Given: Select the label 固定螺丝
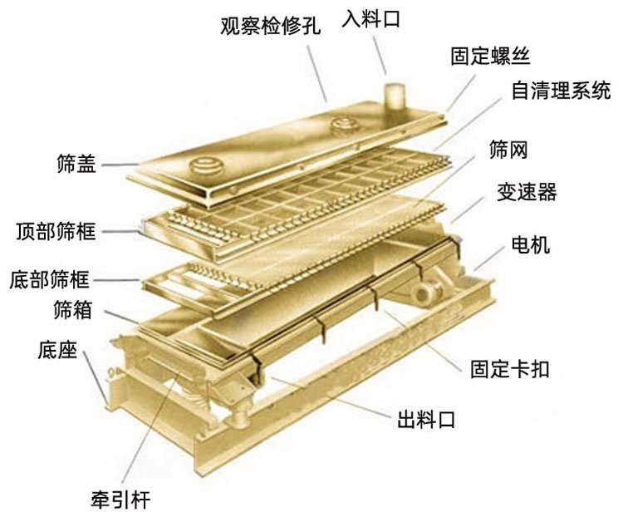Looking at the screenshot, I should click(x=489, y=56).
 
